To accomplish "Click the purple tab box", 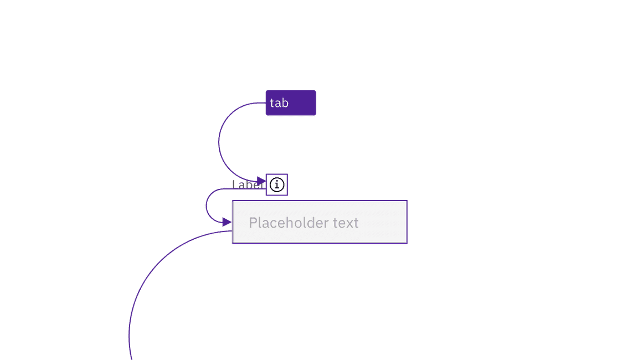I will tap(291, 103).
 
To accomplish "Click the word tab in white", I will tap(279, 103).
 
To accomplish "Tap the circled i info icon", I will tap(277, 184).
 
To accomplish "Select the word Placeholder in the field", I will tap(288, 223).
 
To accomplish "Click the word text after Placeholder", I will tap(346, 223).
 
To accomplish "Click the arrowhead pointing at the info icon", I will tap(262, 181).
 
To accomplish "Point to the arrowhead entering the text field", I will tap(227, 222).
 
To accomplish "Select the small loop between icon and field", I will tap(205, 205).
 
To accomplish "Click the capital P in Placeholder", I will tap(253, 223).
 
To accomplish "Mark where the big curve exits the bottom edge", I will tap(131, 358).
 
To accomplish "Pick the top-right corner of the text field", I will tap(407, 201).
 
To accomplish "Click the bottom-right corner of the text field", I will tap(407, 243).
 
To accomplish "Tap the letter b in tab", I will tap(285, 103).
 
